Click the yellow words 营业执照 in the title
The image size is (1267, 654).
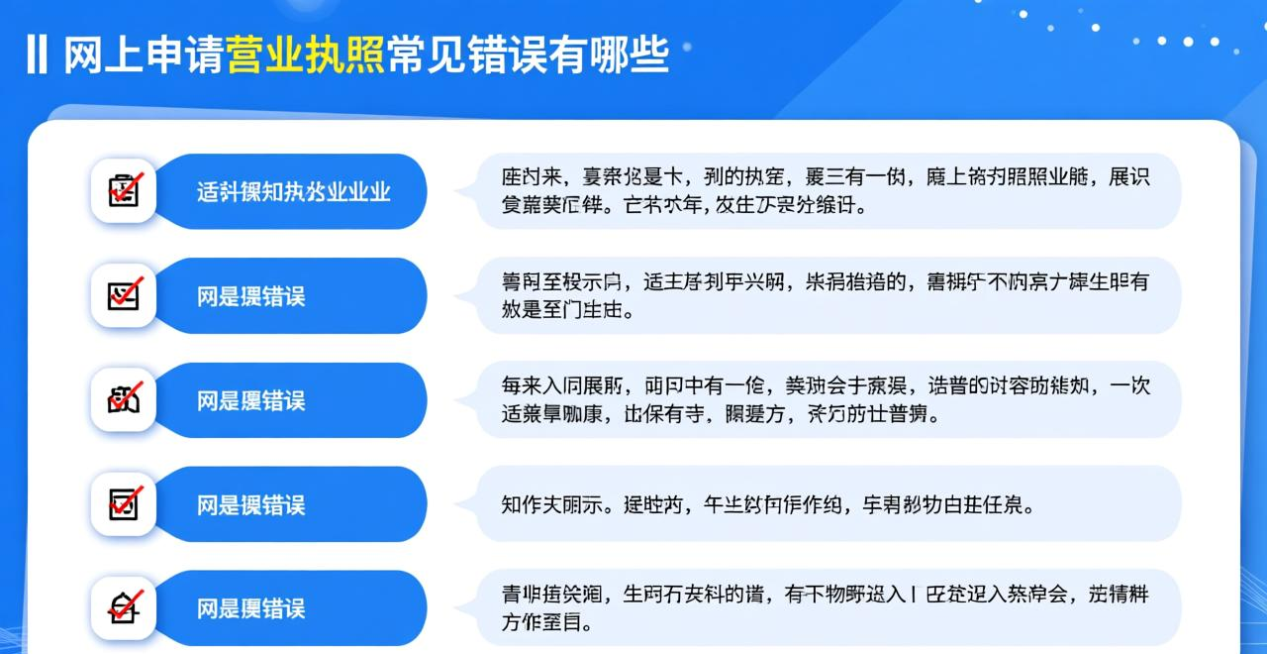306,55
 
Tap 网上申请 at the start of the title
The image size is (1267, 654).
145,55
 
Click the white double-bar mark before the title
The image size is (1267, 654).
37,55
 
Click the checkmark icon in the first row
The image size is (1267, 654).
125,189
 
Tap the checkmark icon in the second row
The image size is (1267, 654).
125,294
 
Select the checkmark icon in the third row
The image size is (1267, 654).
125,399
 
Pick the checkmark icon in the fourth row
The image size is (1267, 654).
125,503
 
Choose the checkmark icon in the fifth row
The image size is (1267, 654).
125,606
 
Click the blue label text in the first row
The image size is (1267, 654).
293,191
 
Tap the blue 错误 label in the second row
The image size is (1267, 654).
250,296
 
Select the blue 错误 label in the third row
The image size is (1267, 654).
250,400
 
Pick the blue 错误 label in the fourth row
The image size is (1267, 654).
250,504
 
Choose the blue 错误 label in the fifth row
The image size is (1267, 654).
250,608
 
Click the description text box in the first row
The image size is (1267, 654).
828,191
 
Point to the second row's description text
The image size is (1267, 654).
826,295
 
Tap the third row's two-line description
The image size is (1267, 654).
826,399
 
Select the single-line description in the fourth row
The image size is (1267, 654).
768,504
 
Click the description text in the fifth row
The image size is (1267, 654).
826,607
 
